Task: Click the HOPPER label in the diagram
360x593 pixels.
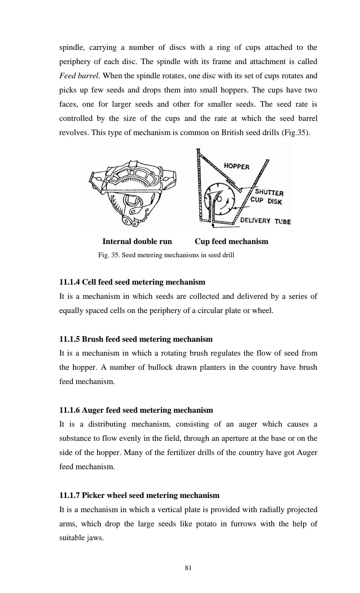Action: click(236, 166)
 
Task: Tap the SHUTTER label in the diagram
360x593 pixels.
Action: click(269, 192)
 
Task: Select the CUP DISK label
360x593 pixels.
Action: click(266, 201)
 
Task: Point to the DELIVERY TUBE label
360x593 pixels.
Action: click(265, 221)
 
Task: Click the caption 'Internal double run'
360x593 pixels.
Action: click(137, 241)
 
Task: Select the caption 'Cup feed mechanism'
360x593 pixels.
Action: click(231, 241)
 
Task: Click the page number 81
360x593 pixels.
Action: click(188, 568)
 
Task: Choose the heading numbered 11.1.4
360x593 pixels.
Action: click(132, 282)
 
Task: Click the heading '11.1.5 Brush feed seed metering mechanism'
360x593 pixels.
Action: click(136, 339)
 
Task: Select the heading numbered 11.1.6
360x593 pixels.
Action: click(136, 410)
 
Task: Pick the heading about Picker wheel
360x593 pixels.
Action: click(139, 495)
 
